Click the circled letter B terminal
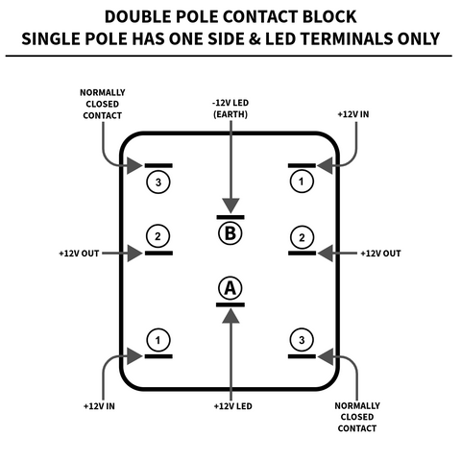pyautogui.click(x=230, y=233)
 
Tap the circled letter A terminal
pyautogui.click(x=230, y=288)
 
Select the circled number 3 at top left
pyautogui.click(x=158, y=182)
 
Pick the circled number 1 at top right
pyautogui.click(x=302, y=182)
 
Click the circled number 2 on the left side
pyautogui.click(x=158, y=236)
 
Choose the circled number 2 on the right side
pyautogui.click(x=302, y=237)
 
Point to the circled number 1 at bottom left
pyautogui.click(x=158, y=340)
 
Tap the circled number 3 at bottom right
pyautogui.click(x=302, y=340)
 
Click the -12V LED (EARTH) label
pyautogui.click(x=230, y=109)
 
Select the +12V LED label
pyautogui.click(x=233, y=406)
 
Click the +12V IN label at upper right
pyautogui.click(x=353, y=114)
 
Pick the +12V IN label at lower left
pyautogui.click(x=99, y=406)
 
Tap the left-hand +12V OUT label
pyautogui.click(x=79, y=254)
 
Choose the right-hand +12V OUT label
pyautogui.click(x=380, y=254)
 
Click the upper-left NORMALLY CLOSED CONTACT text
pyautogui.click(x=103, y=104)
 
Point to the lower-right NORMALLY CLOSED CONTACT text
pyautogui.click(x=357, y=417)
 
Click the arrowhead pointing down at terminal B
pyautogui.click(x=230, y=206)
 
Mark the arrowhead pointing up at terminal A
pyautogui.click(x=230, y=316)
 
